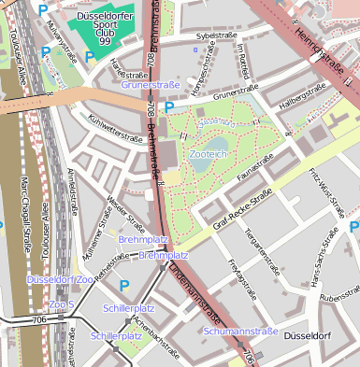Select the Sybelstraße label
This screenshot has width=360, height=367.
[x=215, y=35]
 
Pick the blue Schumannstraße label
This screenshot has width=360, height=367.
[x=240, y=331]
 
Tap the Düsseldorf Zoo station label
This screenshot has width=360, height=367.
[x=59, y=279]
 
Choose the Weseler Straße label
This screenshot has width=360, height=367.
[x=125, y=214]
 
